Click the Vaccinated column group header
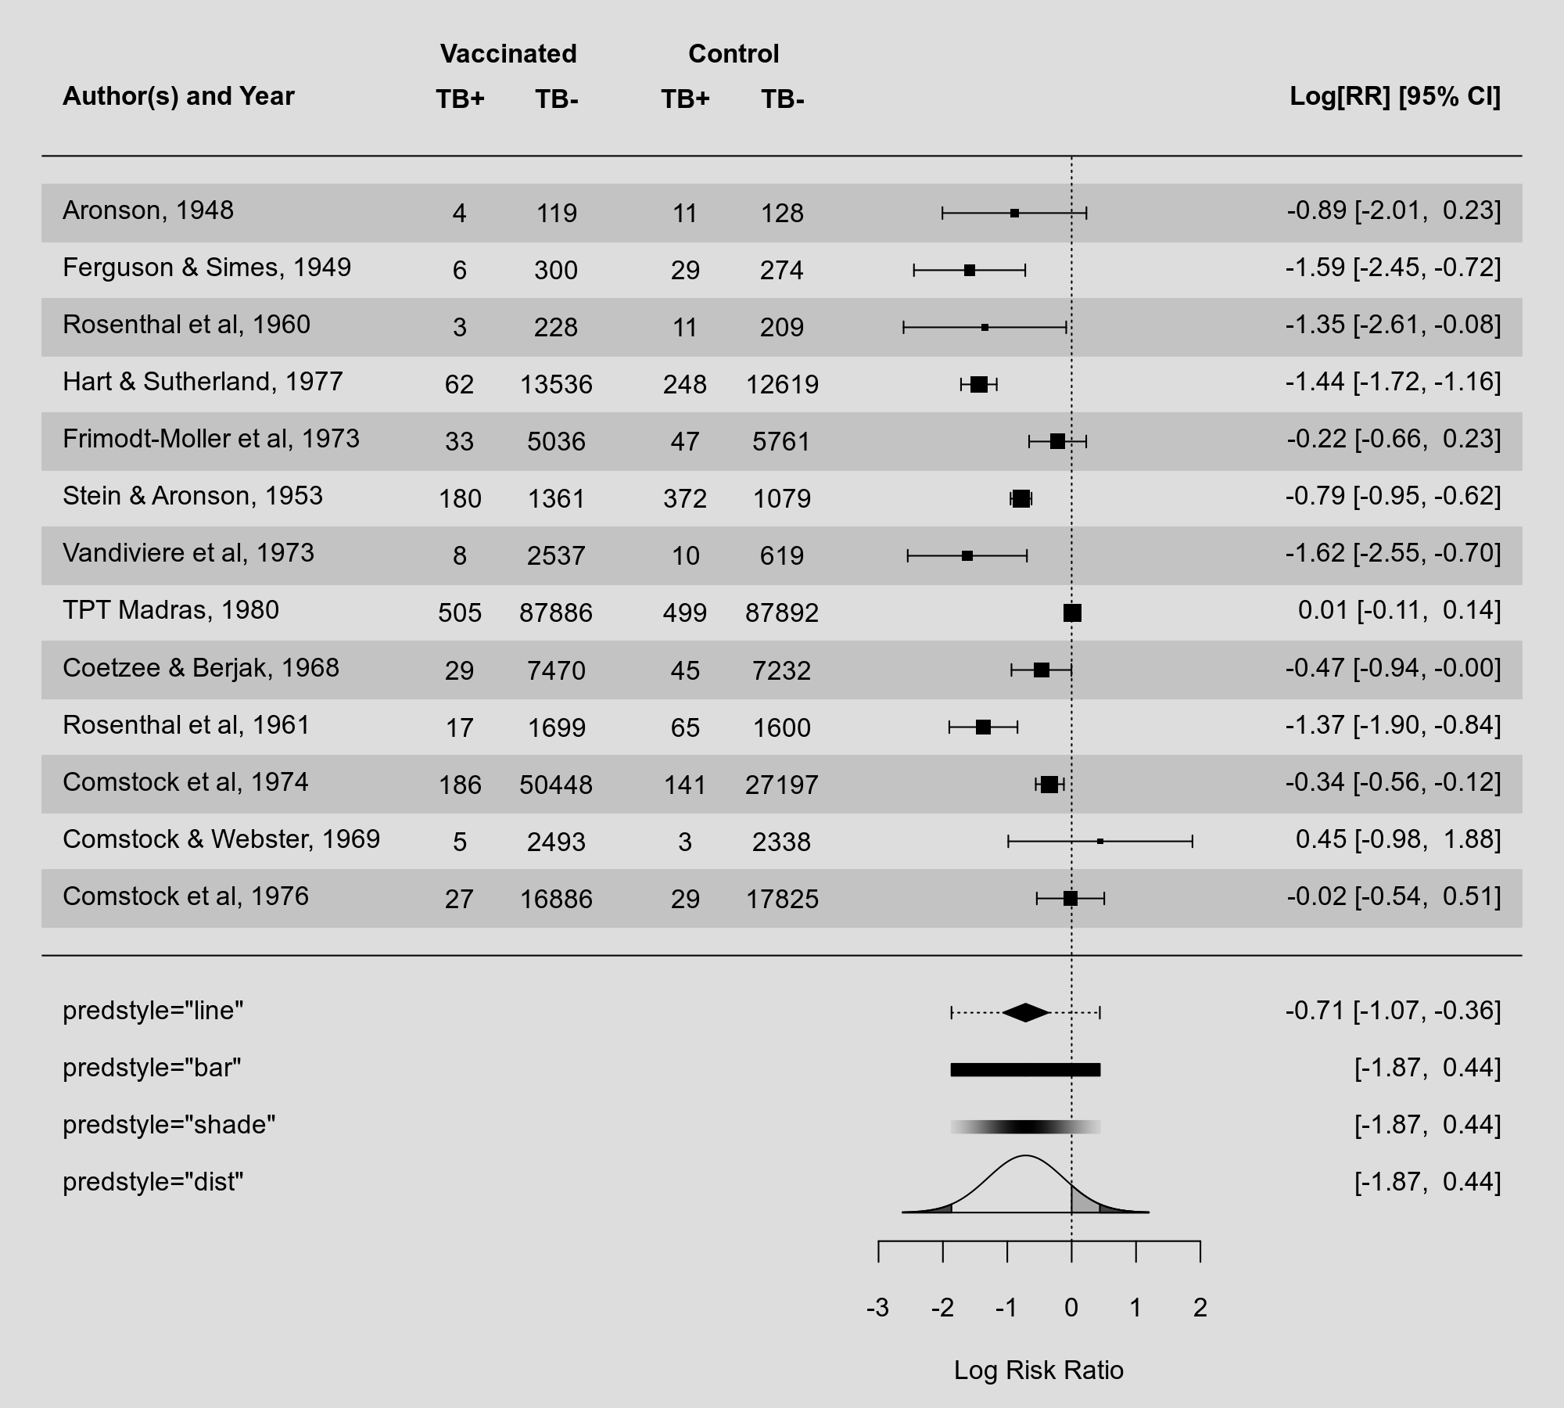(508, 54)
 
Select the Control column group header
(734, 54)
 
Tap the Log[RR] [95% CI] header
(1394, 96)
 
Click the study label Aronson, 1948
(148, 210)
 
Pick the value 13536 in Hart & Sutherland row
(556, 384)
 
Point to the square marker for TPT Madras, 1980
(1072, 612)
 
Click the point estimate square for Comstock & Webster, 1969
(1100, 842)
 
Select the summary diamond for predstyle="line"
(1025, 1012)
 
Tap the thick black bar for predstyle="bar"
(1025, 1069)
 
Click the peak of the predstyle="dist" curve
(1025, 1156)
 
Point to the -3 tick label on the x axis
(878, 1307)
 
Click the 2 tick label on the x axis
(1200, 1307)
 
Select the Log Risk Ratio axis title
(1038, 1370)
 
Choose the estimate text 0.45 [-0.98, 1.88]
(1397, 839)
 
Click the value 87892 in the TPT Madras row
(781, 612)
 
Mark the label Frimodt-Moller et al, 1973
(211, 439)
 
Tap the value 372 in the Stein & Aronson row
(685, 498)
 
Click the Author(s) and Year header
(178, 96)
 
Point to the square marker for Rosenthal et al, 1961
(983, 727)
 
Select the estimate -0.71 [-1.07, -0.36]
(1393, 1011)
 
